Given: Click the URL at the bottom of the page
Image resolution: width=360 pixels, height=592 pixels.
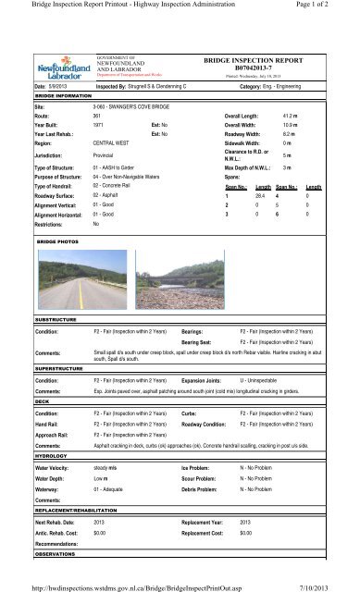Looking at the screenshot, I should coord(144,583).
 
